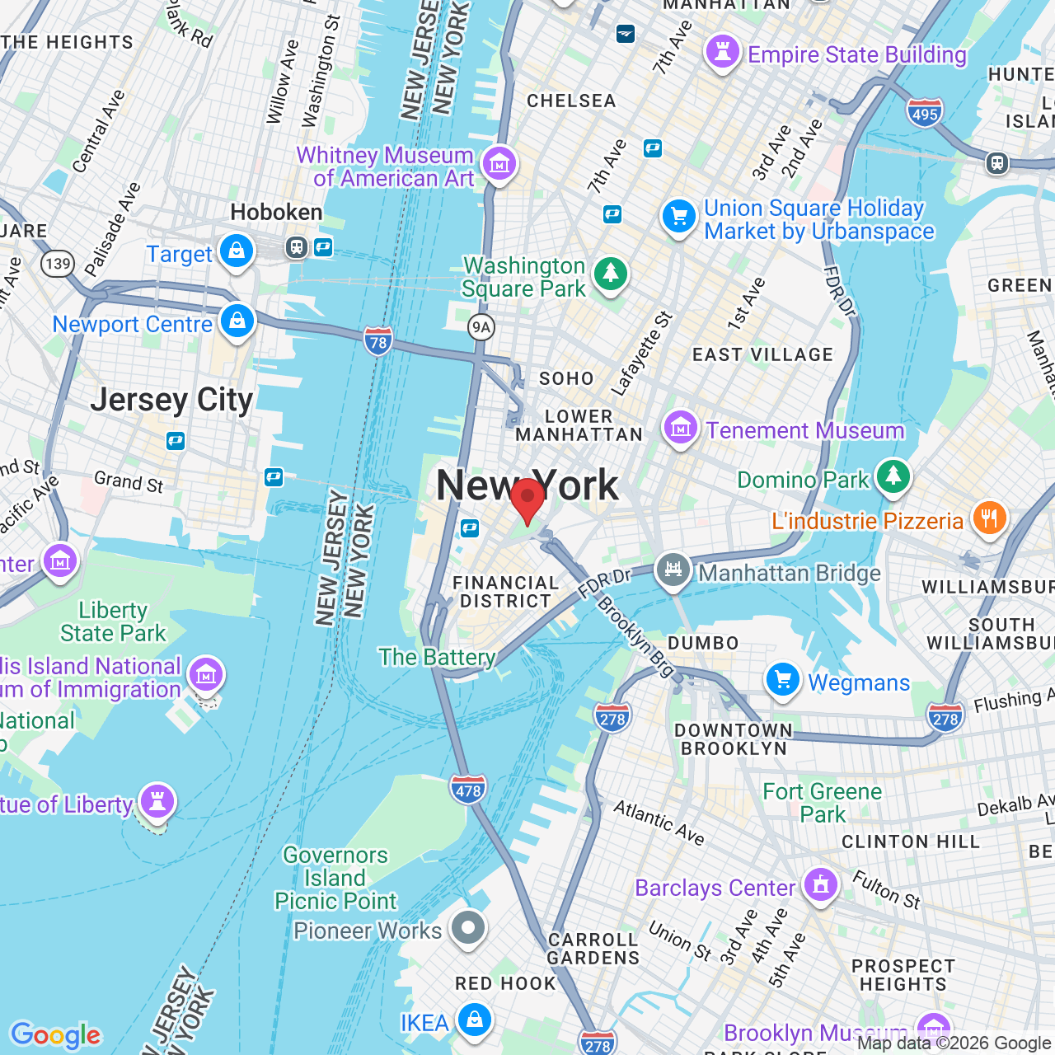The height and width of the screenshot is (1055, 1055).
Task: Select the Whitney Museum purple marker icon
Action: tap(499, 164)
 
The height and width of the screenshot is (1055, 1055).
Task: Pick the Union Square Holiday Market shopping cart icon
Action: tap(679, 217)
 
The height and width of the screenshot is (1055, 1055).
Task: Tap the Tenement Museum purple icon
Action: tap(681, 428)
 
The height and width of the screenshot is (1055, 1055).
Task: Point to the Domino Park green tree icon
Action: tap(893, 476)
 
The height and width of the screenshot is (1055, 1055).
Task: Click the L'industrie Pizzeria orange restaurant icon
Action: tap(989, 518)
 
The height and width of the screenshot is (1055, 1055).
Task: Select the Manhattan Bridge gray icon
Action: tap(673, 570)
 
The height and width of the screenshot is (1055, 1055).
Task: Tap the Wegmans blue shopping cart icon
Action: tap(783, 680)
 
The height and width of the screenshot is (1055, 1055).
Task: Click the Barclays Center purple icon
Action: tap(820, 885)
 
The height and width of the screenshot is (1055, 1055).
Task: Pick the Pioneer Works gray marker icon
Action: tap(468, 928)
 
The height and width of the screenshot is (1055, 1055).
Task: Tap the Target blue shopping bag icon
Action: tap(237, 251)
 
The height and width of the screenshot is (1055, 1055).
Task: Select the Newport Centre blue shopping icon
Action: tap(237, 321)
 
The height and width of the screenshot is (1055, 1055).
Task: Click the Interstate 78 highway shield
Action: tap(378, 341)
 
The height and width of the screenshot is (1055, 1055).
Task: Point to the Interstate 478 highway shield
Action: tap(468, 790)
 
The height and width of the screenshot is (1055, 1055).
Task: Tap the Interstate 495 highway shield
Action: tap(924, 113)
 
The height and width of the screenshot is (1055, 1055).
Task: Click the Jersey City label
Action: tap(171, 401)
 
